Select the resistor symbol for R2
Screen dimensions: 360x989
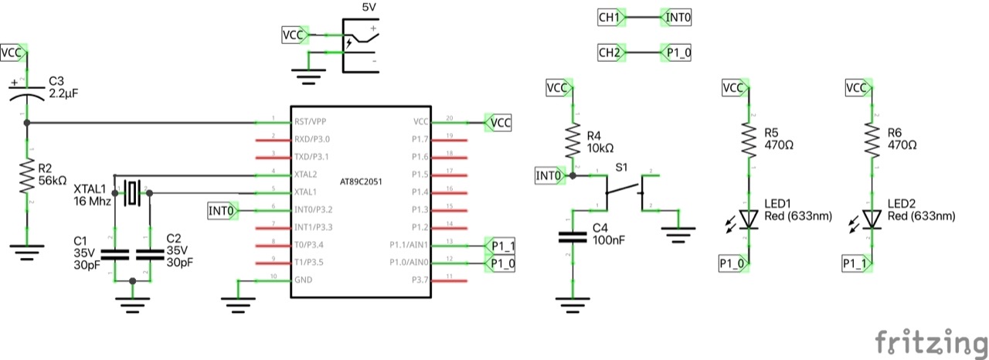27,177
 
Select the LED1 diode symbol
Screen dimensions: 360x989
748,219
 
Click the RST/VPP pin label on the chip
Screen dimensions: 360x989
311,122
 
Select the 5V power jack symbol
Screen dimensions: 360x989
360,47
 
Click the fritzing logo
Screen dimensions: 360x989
931,341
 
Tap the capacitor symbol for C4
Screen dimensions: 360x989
572,236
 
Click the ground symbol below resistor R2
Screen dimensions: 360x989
27,252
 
